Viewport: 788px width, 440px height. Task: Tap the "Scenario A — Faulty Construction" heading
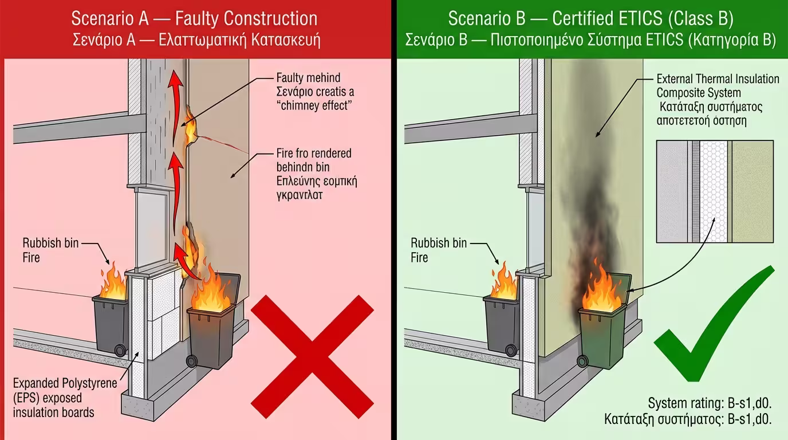coord(194,18)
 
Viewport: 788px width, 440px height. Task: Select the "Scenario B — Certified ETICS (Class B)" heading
coord(590,18)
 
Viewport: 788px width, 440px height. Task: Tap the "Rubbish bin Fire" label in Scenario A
coord(44,250)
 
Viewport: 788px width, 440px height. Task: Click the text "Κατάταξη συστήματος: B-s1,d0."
coord(688,419)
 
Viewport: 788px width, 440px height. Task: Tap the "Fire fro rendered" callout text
coord(314,154)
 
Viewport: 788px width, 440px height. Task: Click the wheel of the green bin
coord(584,360)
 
